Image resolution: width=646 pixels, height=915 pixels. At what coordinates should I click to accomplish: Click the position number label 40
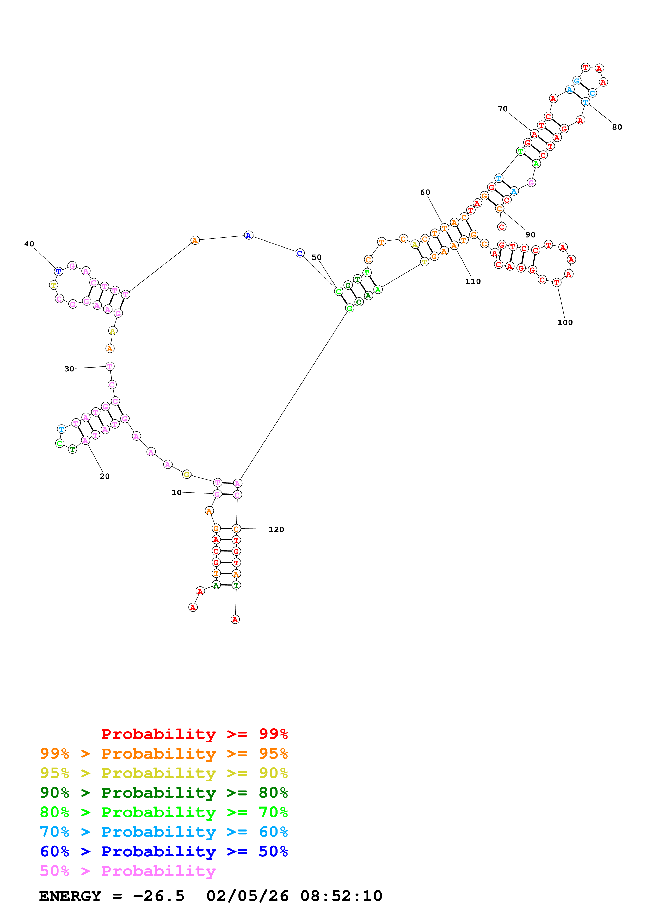click(29, 244)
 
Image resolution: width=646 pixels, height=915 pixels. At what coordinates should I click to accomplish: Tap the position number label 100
click(565, 322)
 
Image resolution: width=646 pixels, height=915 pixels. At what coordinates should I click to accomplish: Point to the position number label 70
click(503, 109)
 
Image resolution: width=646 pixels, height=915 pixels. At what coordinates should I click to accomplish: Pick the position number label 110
click(473, 281)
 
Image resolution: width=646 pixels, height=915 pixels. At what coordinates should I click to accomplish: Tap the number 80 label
click(617, 127)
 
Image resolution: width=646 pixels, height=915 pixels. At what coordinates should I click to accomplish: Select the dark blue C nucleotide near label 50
click(300, 253)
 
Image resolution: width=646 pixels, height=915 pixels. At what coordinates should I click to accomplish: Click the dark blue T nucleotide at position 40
click(59, 272)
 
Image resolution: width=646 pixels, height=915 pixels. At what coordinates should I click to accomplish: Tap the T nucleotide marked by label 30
click(110, 366)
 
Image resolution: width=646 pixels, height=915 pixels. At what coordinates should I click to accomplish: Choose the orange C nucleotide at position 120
click(236, 529)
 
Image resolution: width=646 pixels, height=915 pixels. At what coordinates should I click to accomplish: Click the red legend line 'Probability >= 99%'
click(194, 734)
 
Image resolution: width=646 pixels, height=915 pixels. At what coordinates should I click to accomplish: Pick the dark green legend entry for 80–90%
click(164, 793)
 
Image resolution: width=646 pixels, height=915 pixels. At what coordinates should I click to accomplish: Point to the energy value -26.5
click(158, 896)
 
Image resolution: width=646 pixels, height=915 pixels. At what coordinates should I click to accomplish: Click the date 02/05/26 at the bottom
click(247, 896)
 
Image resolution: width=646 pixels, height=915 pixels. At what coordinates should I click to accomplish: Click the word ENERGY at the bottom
click(70, 896)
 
